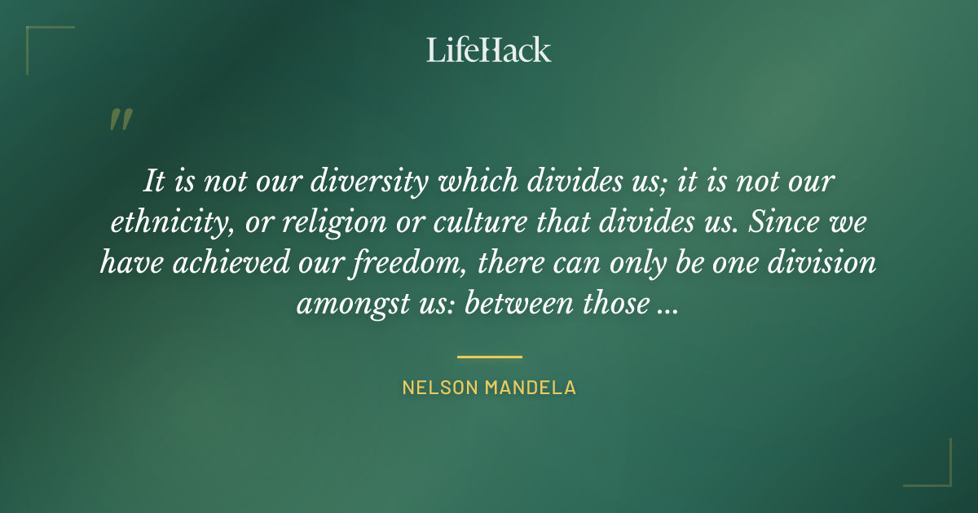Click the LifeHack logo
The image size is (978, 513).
click(489, 50)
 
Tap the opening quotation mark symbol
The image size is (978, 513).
click(120, 121)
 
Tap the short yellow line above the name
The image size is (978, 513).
click(489, 357)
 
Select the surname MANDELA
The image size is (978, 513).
click(531, 388)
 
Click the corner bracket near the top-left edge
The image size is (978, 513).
click(41, 41)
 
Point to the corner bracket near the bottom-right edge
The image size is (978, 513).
click(937, 472)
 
